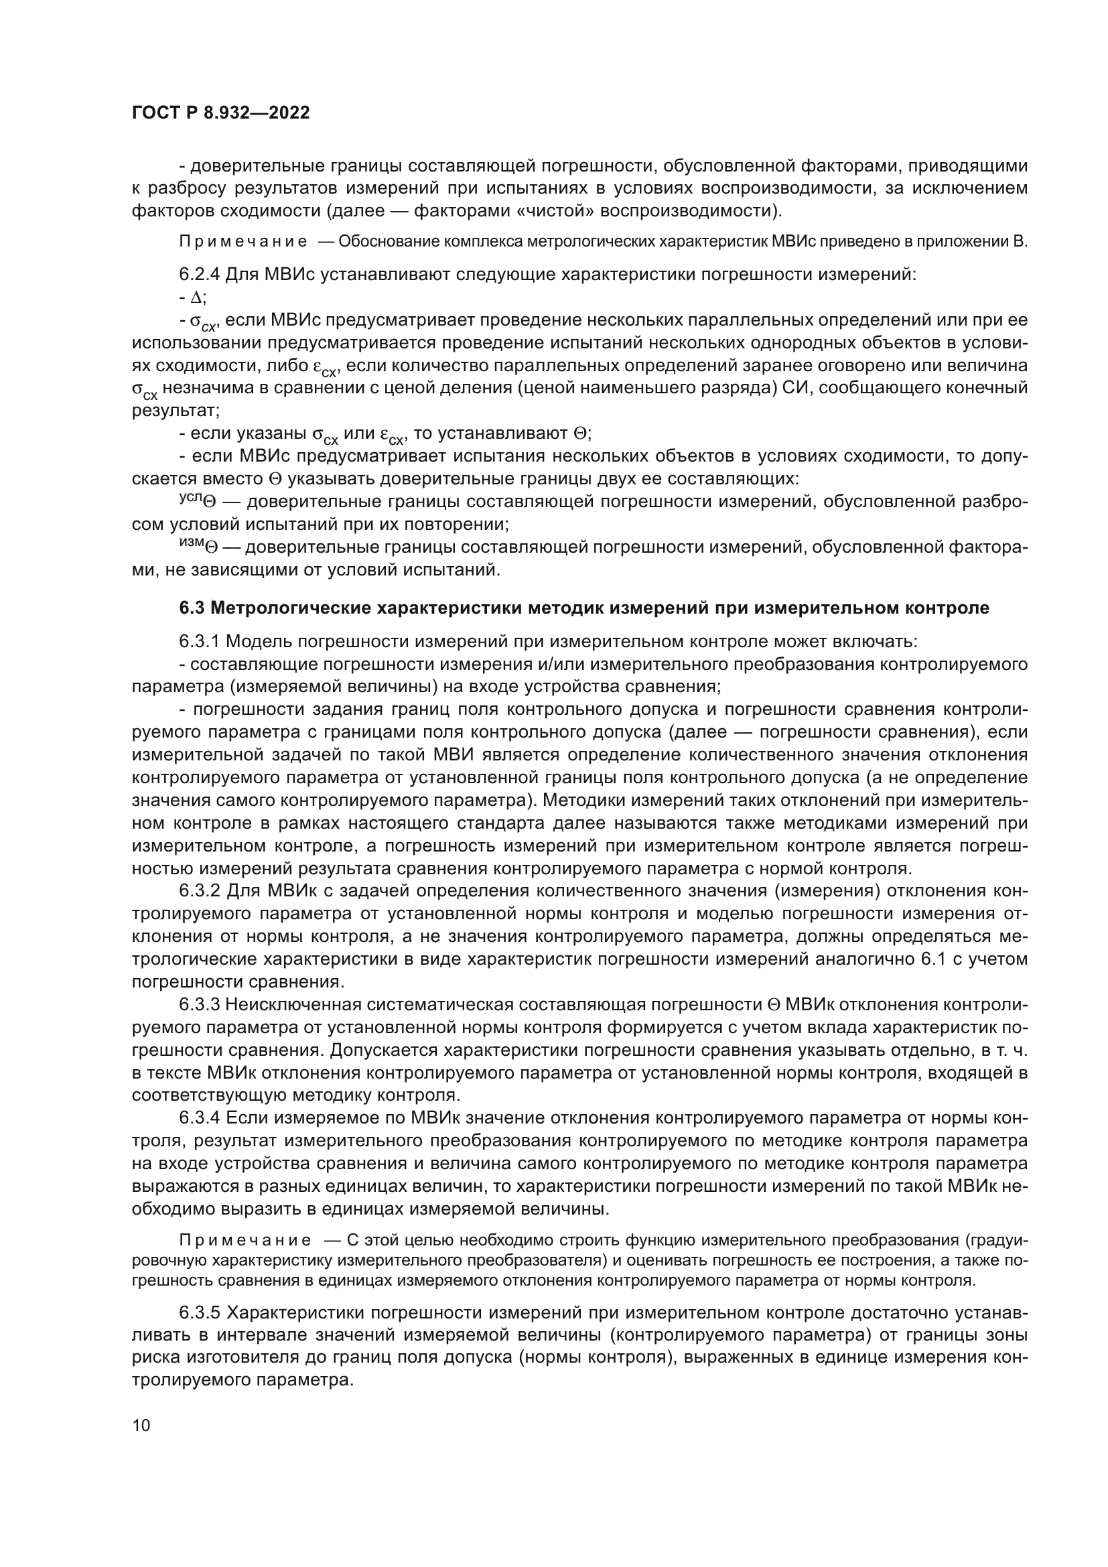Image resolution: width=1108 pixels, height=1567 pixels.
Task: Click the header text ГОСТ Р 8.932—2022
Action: pos(221,113)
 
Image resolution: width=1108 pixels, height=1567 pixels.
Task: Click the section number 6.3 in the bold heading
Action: pos(191,608)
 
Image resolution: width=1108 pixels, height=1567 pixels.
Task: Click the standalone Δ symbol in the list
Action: pos(196,297)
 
